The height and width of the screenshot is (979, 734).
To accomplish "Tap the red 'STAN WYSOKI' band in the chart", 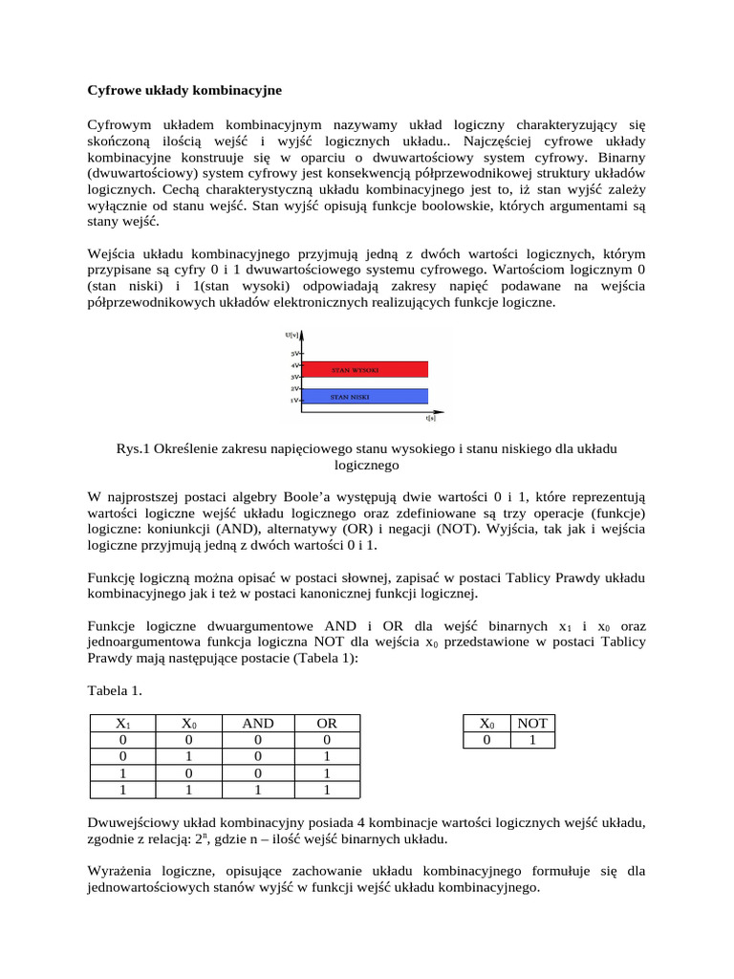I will (x=363, y=368).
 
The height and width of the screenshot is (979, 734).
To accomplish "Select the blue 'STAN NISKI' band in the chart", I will (x=363, y=395).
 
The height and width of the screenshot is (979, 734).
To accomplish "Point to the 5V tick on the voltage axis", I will (x=296, y=354).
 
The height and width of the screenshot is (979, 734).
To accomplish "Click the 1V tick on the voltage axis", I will (x=296, y=402).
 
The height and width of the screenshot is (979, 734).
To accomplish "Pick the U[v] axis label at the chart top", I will (x=291, y=335).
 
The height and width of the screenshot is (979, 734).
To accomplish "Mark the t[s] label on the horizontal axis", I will (x=430, y=418).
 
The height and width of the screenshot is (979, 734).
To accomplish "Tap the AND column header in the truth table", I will (x=257, y=724).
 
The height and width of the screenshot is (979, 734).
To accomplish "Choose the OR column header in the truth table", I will (x=327, y=724).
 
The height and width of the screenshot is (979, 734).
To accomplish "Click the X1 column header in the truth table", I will (x=121, y=724).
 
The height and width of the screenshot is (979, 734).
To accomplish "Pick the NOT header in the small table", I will (x=532, y=724).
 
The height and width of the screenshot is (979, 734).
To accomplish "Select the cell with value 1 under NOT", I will (x=532, y=740).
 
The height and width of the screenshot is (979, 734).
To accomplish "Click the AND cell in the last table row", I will (x=257, y=790).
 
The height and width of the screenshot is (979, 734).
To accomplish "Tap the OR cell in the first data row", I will (x=327, y=740).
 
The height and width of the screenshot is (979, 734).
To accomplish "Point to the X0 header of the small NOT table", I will (x=487, y=724).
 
